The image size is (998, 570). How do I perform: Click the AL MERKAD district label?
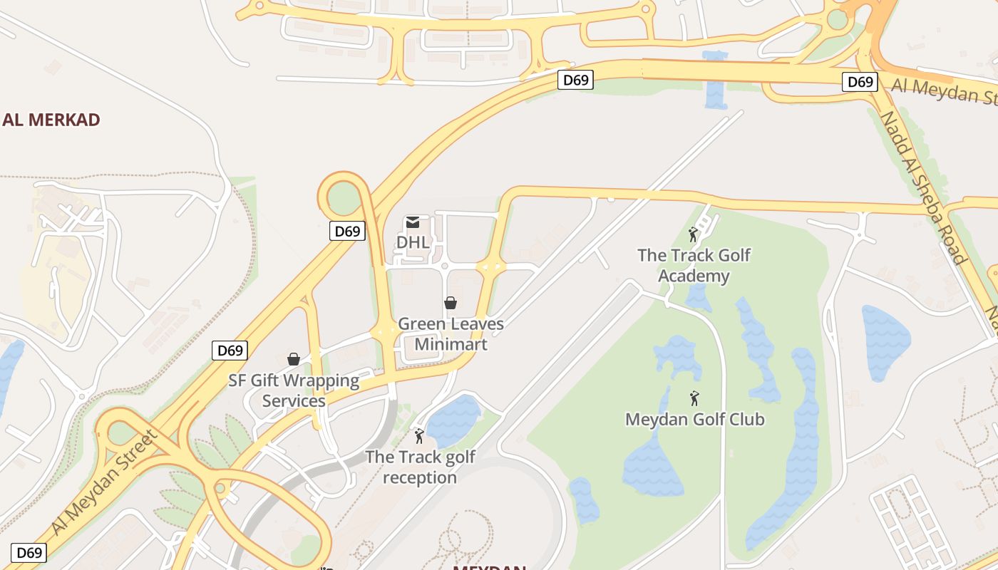[51, 120]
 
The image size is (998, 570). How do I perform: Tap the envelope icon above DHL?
[413, 223]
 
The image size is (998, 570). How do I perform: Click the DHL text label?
[413, 242]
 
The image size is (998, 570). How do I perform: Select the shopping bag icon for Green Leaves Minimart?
[450, 303]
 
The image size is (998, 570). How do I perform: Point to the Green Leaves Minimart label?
[451, 334]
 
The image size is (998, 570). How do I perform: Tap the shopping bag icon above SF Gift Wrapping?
[293, 359]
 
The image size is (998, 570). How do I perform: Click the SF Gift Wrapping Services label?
[294, 390]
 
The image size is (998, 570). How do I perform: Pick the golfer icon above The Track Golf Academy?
[692, 234]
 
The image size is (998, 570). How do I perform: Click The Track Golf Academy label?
[694, 265]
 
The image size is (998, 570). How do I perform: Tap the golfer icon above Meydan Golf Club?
[694, 398]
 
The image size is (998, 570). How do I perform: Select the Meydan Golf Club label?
[694, 419]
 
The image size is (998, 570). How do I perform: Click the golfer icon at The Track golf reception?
[419, 435]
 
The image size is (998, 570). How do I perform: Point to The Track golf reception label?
[420, 467]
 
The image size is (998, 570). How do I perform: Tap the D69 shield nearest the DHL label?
[347, 231]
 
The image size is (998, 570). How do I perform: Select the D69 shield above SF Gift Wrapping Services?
[230, 350]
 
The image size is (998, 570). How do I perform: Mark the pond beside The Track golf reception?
[453, 420]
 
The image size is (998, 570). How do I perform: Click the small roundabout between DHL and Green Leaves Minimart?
[444, 266]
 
